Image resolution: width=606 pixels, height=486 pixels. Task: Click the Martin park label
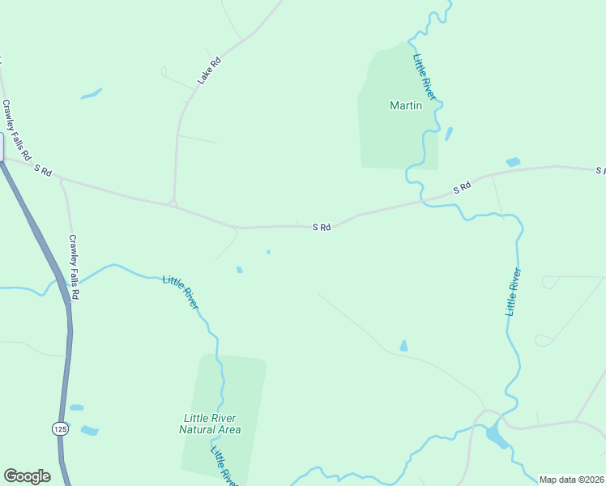coord(405,105)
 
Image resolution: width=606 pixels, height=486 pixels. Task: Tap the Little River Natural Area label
coord(210,424)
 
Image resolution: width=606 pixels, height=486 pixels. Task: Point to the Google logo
coord(27,476)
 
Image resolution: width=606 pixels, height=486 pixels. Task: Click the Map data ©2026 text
coord(571,480)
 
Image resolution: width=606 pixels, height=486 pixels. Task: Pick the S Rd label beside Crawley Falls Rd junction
coord(43,170)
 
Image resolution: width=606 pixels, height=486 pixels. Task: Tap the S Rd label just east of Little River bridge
coord(462,188)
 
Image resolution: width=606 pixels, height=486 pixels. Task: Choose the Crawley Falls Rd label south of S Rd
coord(73,267)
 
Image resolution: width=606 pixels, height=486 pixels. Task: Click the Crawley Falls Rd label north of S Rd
coord(16,130)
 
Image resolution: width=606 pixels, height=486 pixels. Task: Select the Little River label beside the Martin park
coord(425,77)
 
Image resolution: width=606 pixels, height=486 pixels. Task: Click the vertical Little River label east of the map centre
coord(513,292)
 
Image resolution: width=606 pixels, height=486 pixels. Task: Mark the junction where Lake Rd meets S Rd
coord(173,202)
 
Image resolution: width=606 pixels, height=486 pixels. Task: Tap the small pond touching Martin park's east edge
coord(448,134)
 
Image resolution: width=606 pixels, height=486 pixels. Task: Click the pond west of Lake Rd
coord(91,93)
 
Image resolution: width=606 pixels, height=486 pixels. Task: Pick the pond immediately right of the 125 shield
coord(88,430)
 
